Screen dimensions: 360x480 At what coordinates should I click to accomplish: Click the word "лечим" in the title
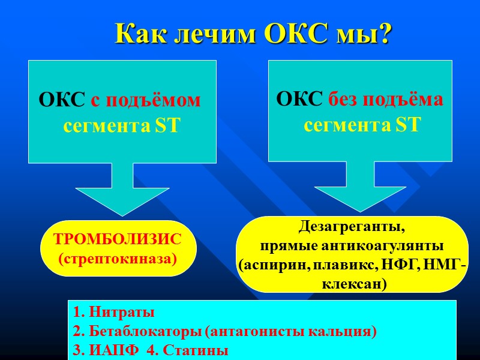pyautogui.click(x=213, y=34)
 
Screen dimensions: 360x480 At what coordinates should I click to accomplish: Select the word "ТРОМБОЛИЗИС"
pyautogui.click(x=117, y=239)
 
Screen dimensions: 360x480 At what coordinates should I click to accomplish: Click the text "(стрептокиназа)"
pyautogui.click(x=117, y=259)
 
